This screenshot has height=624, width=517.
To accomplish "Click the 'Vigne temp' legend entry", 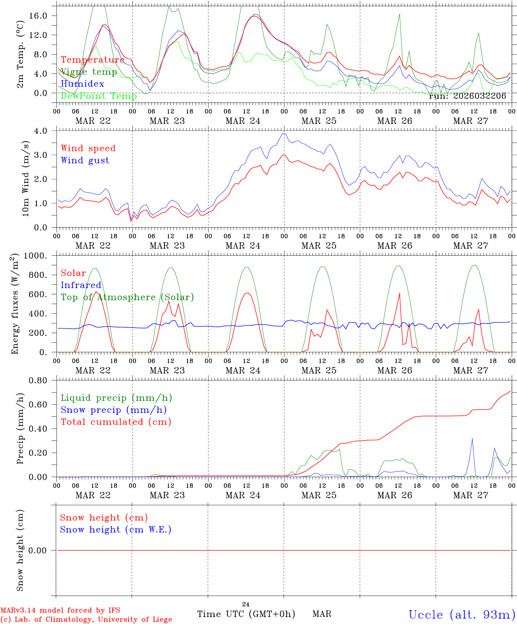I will (89, 72).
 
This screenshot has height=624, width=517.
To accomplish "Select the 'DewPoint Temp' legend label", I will (99, 96).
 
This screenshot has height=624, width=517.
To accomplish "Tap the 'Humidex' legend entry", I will (82, 84).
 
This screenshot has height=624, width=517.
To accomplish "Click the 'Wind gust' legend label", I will (85, 160).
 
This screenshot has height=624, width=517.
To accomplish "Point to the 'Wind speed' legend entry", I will (88, 148).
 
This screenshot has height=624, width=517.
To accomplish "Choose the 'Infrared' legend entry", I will (81, 285).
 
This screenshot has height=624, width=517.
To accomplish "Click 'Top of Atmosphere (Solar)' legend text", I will (127, 297).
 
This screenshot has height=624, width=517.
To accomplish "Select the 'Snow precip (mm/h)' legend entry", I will (113, 410).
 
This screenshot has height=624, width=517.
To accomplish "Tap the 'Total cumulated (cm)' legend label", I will (116, 422).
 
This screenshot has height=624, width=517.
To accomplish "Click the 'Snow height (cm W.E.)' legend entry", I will (116, 530).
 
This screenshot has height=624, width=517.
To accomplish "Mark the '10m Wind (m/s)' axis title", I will (26, 179).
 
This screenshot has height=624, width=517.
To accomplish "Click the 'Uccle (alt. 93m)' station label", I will (462, 614).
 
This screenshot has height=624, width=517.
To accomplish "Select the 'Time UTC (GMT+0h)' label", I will (246, 614).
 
